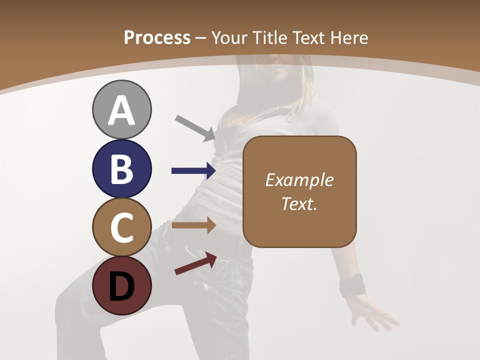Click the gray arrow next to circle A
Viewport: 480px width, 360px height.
point(195,127)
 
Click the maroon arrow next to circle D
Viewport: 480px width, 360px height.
point(195,263)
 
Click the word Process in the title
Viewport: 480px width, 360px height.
point(157,37)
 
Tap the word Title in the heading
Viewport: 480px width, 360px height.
point(267,37)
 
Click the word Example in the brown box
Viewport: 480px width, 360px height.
point(299,180)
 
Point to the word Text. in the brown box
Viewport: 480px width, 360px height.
point(299,203)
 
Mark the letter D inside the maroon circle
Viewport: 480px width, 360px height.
point(121,286)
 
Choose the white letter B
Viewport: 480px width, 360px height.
point(121,169)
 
